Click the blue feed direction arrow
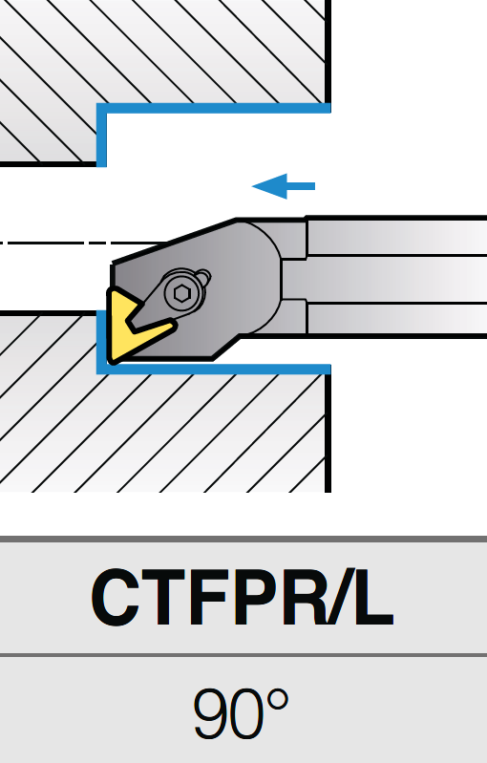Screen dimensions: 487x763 [x=284, y=186]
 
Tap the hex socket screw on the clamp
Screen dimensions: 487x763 [x=182, y=293]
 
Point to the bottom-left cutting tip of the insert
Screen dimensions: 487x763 [x=112, y=361]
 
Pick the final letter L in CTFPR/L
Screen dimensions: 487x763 [x=373, y=598]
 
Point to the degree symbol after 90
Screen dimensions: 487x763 [x=275, y=701]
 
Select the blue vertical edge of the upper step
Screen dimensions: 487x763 [x=101, y=135]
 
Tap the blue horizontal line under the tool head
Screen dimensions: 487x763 [x=214, y=370]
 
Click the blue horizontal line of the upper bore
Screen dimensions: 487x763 [x=214, y=108]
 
